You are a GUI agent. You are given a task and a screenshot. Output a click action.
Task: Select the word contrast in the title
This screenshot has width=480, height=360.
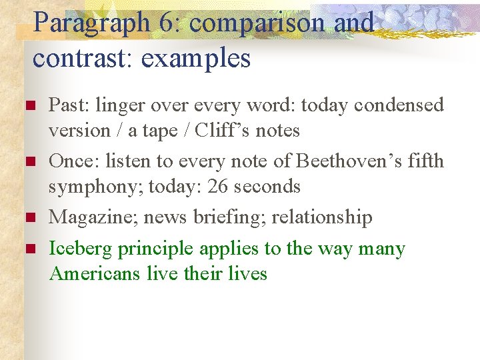tap(79, 58)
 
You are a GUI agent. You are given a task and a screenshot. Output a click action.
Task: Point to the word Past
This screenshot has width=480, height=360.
tap(69, 105)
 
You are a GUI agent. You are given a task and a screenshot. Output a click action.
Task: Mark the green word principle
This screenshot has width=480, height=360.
tap(156, 249)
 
